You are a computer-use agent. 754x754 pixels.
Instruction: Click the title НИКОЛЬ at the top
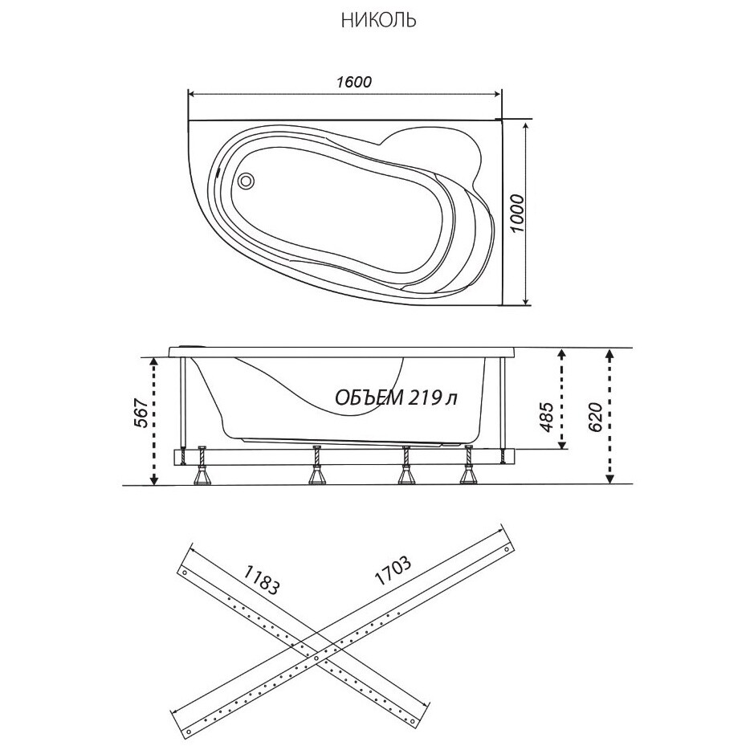(x=378, y=21)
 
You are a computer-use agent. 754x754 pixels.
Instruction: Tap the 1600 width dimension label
(x=354, y=82)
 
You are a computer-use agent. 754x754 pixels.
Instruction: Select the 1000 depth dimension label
(x=516, y=213)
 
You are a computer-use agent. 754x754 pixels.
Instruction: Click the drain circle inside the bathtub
(x=247, y=181)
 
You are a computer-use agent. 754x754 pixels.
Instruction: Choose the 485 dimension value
(x=547, y=417)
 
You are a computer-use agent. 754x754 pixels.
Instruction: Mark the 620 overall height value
(x=594, y=417)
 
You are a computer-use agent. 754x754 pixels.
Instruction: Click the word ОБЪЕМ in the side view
(x=368, y=397)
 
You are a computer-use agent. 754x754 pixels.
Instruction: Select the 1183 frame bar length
(x=262, y=580)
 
